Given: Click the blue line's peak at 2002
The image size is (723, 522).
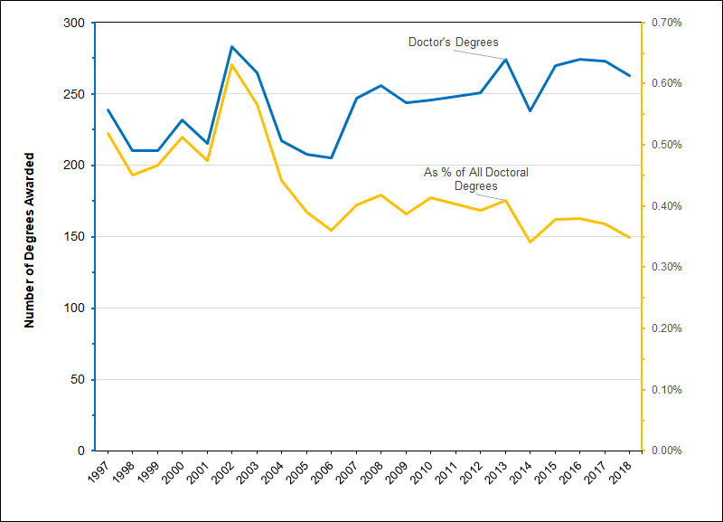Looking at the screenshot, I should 232,46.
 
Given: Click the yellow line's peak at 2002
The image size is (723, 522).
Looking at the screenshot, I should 232,65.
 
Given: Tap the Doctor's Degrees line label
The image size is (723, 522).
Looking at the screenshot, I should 453,42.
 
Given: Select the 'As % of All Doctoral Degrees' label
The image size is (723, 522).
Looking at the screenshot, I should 476,179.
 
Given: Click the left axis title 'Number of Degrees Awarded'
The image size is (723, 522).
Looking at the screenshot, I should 29,237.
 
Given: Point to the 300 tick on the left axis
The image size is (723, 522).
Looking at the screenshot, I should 79,23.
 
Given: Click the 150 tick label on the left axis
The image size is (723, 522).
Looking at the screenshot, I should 79,237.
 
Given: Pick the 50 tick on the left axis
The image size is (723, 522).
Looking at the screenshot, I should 81,380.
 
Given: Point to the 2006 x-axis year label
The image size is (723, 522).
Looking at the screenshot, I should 327,470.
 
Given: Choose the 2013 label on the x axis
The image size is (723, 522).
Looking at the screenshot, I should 502,470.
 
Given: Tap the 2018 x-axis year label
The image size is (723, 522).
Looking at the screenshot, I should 625,470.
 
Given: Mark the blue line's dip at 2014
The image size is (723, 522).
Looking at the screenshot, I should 530,110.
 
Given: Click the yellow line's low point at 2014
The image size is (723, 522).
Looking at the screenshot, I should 530,242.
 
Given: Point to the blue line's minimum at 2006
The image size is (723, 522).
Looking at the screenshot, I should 332,158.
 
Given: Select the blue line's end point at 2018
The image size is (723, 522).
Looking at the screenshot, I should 629,75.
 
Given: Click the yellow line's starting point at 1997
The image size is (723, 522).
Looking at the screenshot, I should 108,133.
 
